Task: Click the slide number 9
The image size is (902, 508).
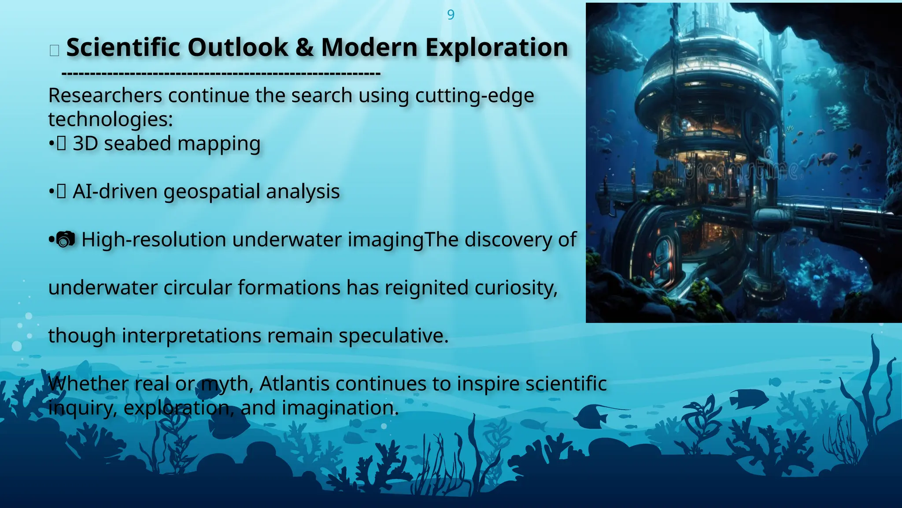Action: point(451,15)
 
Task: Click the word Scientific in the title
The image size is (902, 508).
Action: point(123,48)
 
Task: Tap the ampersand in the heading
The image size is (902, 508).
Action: point(304,48)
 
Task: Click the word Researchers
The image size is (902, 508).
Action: point(105,96)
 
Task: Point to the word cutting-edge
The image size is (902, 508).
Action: point(474,96)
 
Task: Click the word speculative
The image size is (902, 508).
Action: point(393,336)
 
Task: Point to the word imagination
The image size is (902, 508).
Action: point(340,408)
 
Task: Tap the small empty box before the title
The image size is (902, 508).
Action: point(55,50)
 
